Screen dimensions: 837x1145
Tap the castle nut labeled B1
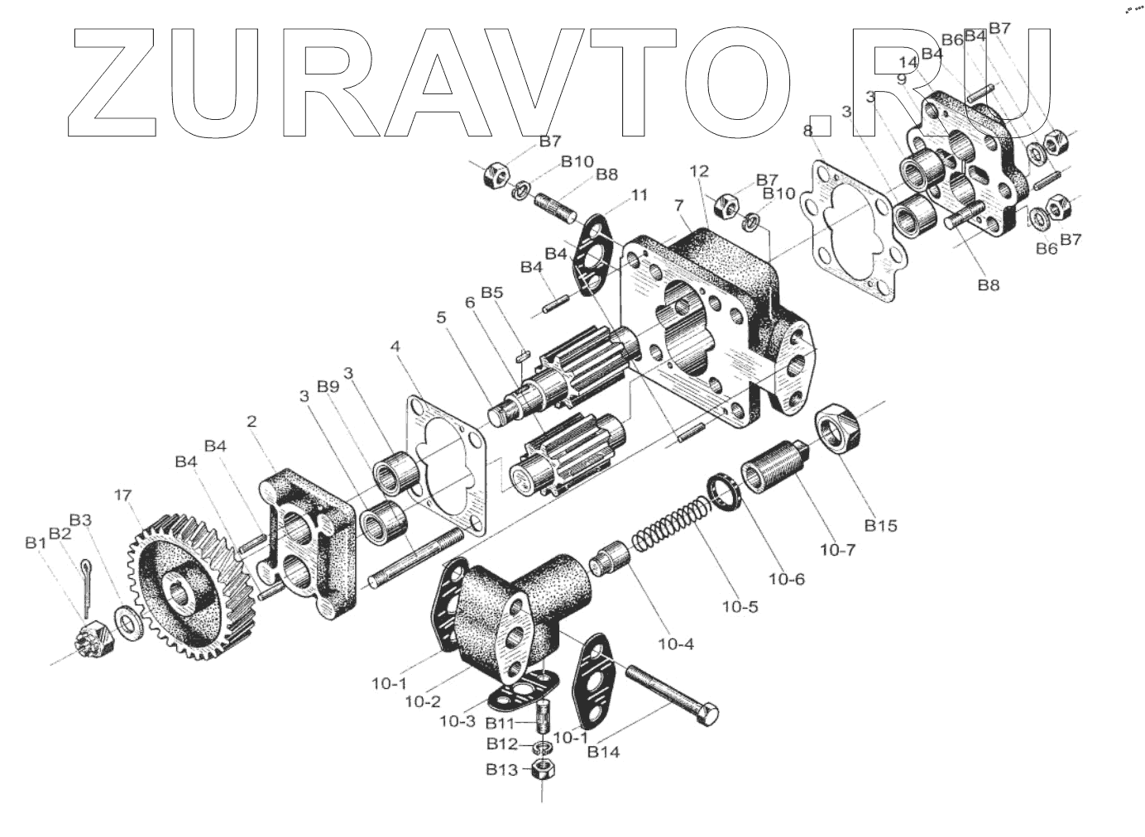pos(87,638)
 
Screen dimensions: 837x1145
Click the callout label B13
pos(502,770)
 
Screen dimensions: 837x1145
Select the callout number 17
pos(122,495)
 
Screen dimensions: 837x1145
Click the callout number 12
pos(699,171)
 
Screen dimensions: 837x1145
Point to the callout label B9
pos(328,386)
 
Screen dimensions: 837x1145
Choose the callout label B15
pos(880,524)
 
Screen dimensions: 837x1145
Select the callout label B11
pos(501,722)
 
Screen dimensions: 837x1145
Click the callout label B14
pos(603,752)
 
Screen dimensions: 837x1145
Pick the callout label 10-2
pos(422,701)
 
